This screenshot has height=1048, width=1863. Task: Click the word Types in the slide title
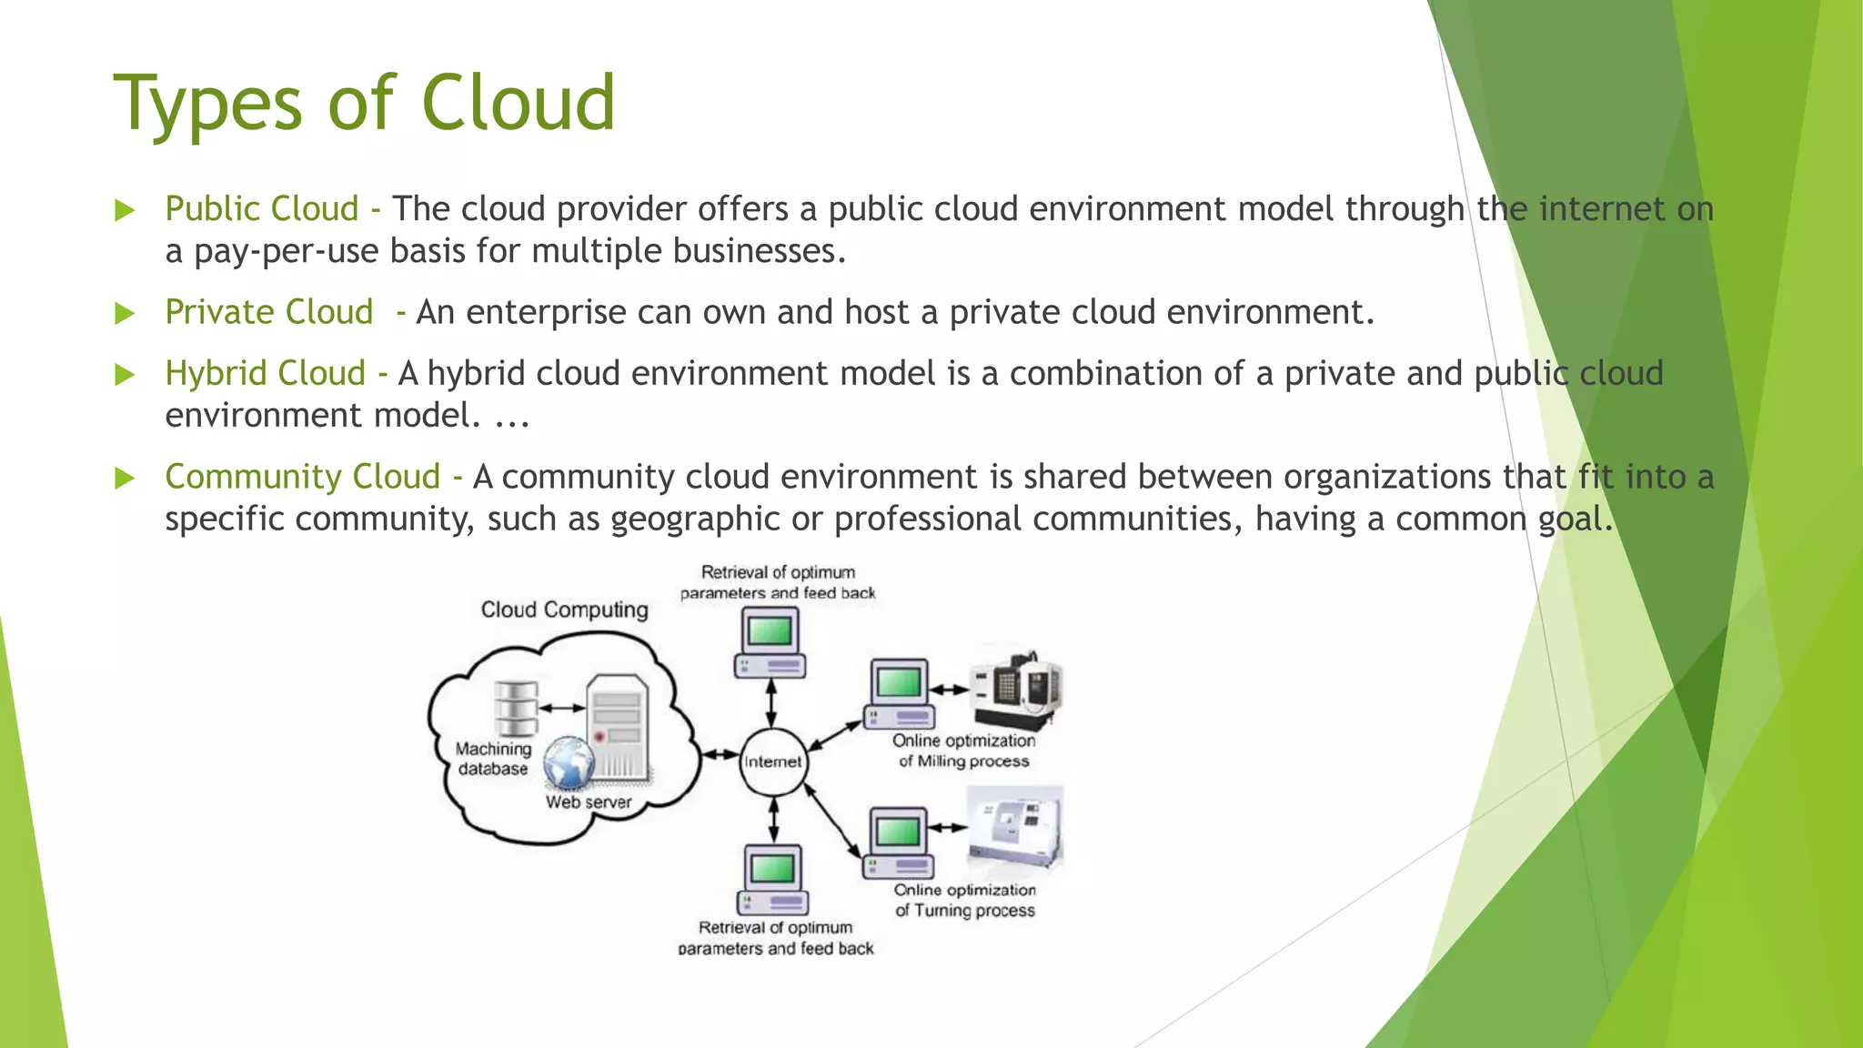click(207, 103)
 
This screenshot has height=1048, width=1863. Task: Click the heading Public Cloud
click(262, 209)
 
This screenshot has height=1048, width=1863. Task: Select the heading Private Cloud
click(269, 312)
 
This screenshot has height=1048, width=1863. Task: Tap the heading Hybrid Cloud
click(265, 373)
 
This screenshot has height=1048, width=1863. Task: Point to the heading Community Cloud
click(302, 477)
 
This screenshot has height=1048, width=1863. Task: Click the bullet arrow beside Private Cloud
click(125, 314)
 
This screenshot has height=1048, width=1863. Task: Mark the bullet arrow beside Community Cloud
click(125, 479)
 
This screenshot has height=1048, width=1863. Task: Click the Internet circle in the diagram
click(772, 761)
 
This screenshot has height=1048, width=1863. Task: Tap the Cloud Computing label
click(564, 610)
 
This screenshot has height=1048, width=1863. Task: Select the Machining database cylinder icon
click(516, 709)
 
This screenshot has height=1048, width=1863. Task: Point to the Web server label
click(588, 802)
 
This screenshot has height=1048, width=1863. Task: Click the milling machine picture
click(1017, 687)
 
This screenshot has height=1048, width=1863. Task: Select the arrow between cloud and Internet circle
click(720, 754)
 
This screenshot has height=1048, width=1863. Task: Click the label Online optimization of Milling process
click(963, 751)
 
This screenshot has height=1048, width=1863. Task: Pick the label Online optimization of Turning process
click(964, 900)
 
